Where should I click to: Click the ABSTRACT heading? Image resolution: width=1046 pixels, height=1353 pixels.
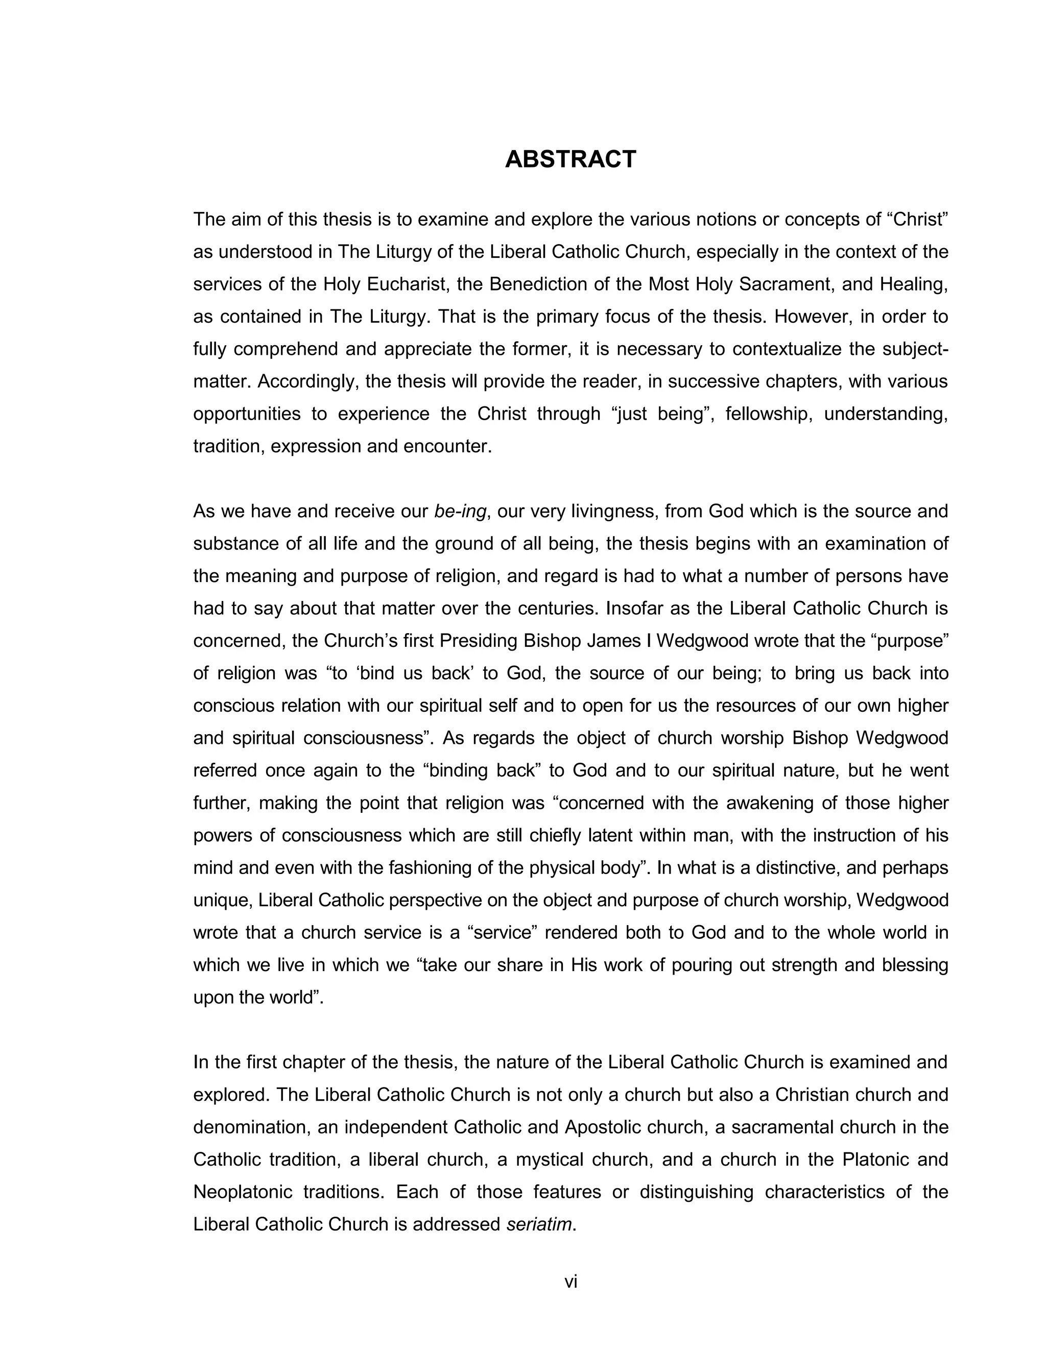[570, 159]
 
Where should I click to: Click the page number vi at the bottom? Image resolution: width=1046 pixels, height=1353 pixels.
[570, 1282]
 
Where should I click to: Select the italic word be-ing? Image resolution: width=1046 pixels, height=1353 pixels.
[460, 511]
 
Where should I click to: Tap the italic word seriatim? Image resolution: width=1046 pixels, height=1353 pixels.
[538, 1224]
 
